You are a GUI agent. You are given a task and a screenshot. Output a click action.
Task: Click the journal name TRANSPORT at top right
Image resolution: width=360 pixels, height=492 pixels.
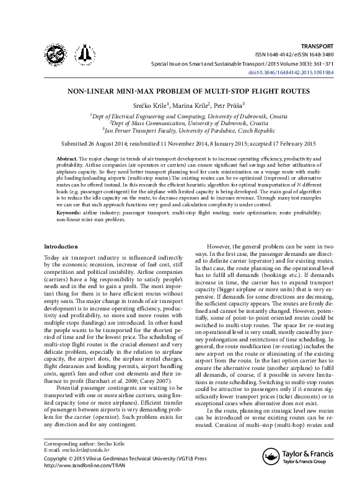point(317,46)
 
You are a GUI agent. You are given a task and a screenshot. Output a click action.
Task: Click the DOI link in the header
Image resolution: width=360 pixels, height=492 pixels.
point(300,72)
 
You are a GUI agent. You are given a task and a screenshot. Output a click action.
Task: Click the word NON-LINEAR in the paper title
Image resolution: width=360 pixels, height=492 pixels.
point(95,90)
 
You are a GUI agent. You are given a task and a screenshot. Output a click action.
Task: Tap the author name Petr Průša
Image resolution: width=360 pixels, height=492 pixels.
point(229,105)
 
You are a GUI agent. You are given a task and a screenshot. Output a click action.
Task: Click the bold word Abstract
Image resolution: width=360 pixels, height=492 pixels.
point(66,159)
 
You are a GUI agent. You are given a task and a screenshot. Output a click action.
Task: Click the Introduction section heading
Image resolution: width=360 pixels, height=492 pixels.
point(61,246)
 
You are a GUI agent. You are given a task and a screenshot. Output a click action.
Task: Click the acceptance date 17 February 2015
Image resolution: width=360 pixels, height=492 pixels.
point(276,144)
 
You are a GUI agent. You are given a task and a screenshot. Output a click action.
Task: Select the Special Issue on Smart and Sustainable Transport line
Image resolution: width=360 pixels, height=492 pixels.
point(242,64)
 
